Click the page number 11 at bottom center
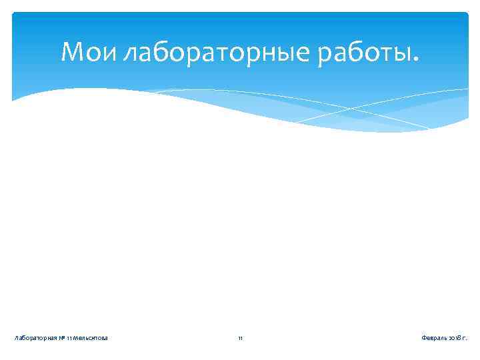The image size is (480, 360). [x=240, y=339]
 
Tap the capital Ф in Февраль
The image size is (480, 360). [x=424, y=339]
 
